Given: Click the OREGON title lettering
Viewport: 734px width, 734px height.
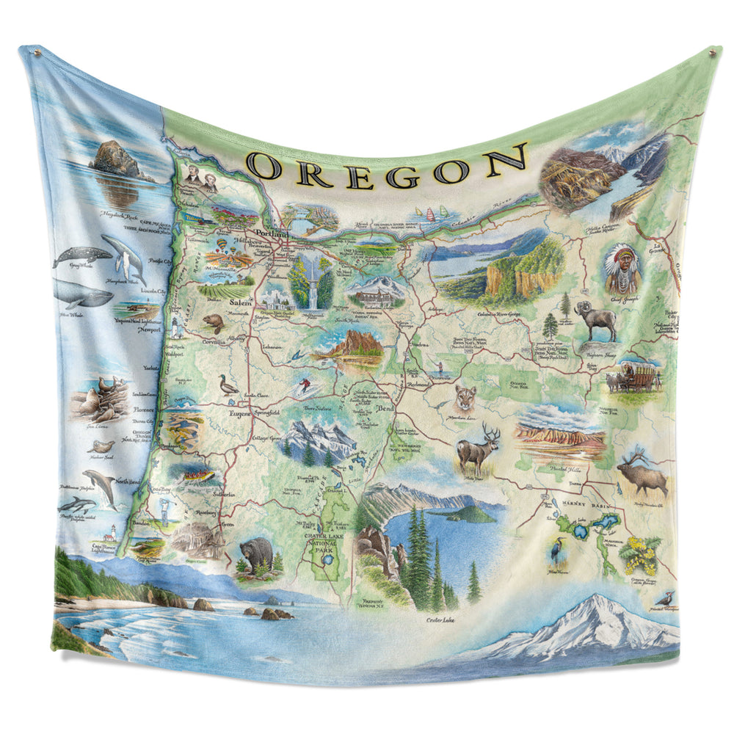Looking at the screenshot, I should (388, 167).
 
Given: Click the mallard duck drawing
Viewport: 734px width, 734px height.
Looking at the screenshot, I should (228, 385).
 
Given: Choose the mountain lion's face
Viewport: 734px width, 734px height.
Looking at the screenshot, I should (465, 397).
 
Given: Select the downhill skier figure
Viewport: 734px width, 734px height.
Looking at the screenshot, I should (302, 385).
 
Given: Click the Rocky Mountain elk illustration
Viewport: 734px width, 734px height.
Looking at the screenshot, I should (644, 475).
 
